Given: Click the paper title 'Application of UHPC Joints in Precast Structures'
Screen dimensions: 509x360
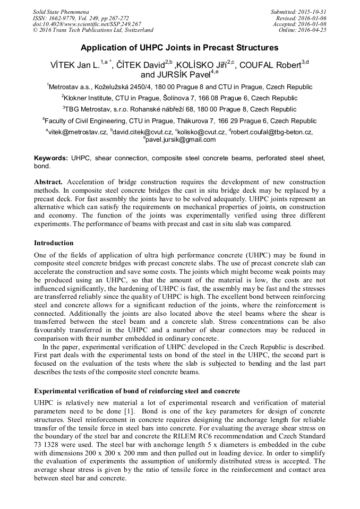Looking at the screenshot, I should click(179, 48).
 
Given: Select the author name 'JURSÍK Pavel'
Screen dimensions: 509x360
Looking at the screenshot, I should click(183, 74).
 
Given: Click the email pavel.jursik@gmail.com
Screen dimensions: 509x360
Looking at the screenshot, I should click(181, 140).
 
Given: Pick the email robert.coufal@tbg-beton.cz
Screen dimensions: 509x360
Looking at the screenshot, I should click(272, 132).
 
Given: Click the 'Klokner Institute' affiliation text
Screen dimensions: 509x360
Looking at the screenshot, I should click(89, 98).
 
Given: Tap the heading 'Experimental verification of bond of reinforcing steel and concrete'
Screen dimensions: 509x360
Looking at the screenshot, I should click(137, 391).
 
